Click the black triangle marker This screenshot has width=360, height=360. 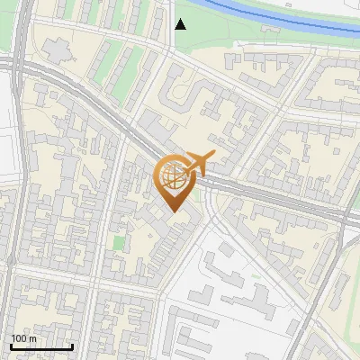click(x=181, y=23)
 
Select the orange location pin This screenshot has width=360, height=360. click(x=175, y=180)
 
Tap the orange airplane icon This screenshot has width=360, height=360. click(x=199, y=164)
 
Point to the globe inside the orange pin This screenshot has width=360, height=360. click(x=175, y=176)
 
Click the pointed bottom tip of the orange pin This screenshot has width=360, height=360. click(x=175, y=211)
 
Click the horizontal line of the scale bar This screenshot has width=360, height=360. click(x=41, y=346)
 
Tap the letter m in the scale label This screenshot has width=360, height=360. click(x=33, y=338)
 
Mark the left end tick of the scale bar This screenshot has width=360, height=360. click(x=11, y=345)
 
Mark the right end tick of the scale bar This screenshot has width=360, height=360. click(x=72, y=345)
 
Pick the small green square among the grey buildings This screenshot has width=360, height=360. click(x=119, y=243)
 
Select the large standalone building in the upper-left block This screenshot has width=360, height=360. click(x=59, y=51)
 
